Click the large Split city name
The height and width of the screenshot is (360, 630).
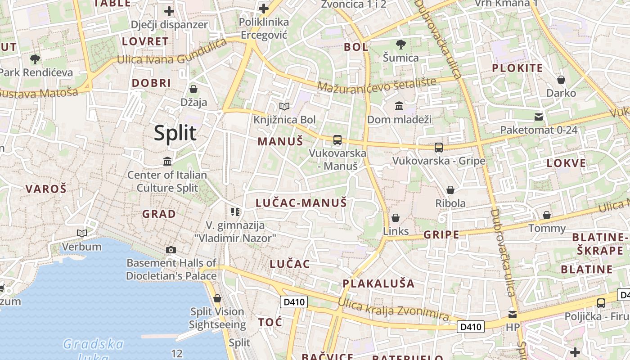tap(175, 133)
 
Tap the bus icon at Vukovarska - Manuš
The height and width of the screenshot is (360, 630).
tap(337, 140)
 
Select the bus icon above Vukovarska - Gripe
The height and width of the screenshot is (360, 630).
tap(438, 147)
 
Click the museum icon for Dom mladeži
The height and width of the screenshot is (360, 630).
tap(399, 106)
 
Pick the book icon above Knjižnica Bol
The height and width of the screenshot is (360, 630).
tap(284, 107)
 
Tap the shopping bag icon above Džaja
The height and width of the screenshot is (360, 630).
tap(193, 89)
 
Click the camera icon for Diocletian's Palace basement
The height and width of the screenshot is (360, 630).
tap(171, 250)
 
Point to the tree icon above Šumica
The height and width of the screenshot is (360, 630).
tap(400, 44)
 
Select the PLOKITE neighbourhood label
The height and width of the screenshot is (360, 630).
tap(517, 68)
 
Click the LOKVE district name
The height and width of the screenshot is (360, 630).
tap(566, 163)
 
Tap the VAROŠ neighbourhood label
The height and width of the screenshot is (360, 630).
tap(46, 189)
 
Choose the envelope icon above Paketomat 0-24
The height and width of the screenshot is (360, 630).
tap(538, 117)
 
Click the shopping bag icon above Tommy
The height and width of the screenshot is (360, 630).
tap(547, 215)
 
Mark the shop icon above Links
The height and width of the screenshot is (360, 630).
tap(396, 218)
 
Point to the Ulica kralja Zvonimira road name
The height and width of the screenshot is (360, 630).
tap(393, 310)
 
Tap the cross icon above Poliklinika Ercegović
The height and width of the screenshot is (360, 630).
tap(263, 9)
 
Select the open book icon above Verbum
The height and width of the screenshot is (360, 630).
tap(82, 233)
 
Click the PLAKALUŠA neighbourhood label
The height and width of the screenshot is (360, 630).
tap(378, 283)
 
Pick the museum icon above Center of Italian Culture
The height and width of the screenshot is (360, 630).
tap(167, 161)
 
